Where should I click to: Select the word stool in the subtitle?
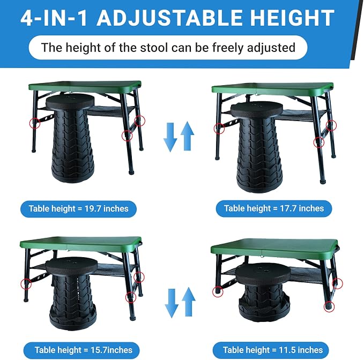click(154, 48)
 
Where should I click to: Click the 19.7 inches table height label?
click(78, 209)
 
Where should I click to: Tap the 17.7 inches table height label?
click(274, 208)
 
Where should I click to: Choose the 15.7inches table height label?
click(81, 350)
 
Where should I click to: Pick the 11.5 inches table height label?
click(271, 350)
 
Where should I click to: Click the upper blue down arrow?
click(170, 137)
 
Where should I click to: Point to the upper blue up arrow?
click(187, 136)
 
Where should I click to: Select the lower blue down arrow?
click(172, 303)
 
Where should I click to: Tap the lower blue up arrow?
click(189, 302)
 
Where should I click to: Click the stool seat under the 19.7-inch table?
click(70, 102)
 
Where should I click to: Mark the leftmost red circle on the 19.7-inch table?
click(35, 123)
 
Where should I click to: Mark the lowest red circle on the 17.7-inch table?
click(319, 142)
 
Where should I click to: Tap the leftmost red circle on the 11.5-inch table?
click(218, 291)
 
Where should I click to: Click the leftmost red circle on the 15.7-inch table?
click(26, 284)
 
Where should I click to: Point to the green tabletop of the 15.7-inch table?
click(81, 243)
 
